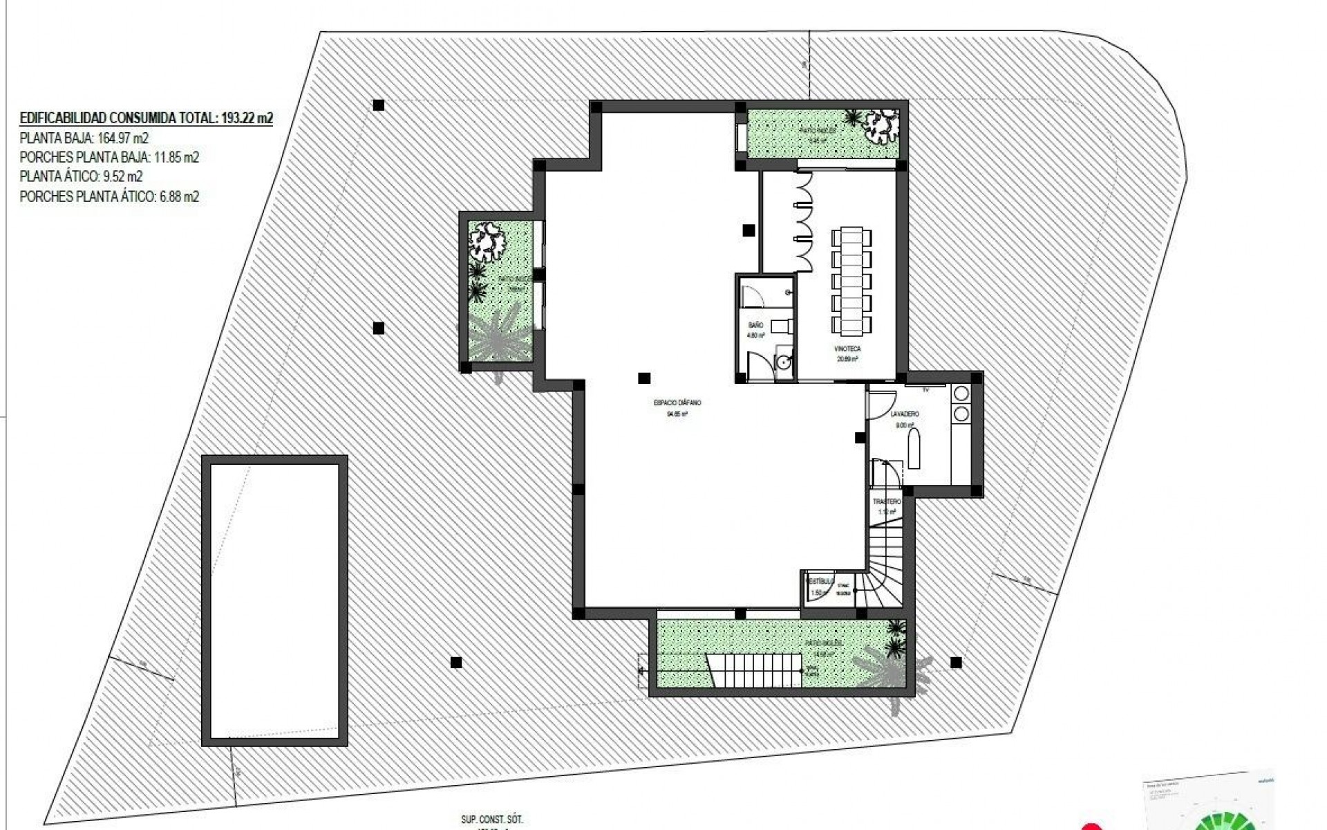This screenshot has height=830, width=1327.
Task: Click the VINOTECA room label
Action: point(847,350)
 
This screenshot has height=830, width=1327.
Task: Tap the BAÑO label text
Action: point(755,325)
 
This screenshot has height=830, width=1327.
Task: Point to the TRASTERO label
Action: point(887,501)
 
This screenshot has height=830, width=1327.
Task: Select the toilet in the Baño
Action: point(781,325)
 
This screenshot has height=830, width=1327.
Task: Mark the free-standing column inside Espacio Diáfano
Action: point(644,378)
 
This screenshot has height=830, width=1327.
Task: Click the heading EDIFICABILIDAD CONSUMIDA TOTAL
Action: point(146,118)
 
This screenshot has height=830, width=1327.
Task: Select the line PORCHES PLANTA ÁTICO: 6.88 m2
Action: point(109,197)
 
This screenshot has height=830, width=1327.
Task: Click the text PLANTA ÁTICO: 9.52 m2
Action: point(82,177)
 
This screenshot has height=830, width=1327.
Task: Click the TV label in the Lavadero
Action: point(925,391)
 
